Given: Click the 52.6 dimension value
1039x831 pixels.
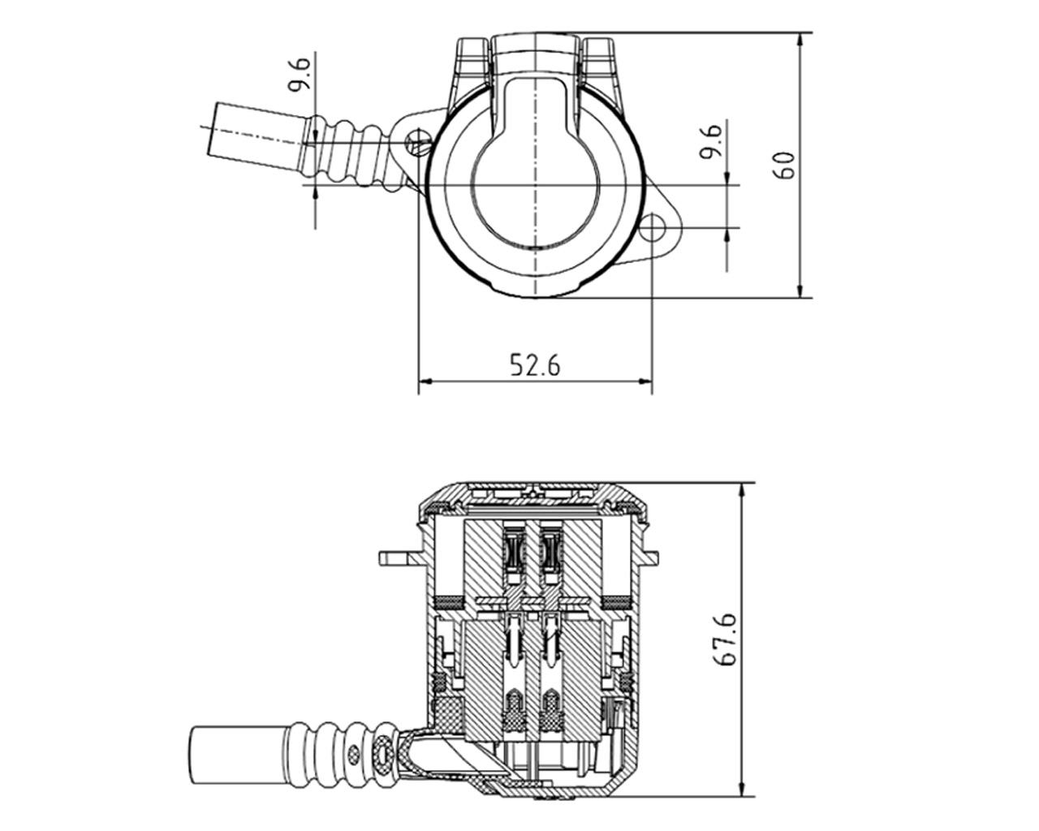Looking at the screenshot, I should (535, 365).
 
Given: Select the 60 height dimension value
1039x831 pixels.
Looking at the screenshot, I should (785, 165).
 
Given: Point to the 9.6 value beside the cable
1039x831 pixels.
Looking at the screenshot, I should (302, 74).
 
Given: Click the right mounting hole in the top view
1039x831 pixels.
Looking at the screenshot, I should (653, 228).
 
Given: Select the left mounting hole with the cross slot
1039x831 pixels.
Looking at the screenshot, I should (416, 142).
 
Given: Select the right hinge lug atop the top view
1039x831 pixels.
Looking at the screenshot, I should (599, 56).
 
